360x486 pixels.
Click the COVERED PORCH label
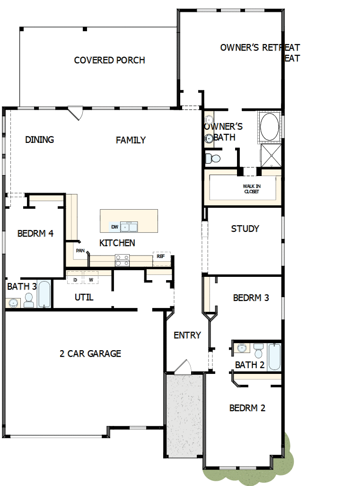point(109,60)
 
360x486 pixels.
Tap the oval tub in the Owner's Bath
point(269,126)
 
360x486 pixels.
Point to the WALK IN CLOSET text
point(252,189)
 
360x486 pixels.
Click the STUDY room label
point(245,229)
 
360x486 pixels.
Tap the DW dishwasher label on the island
point(114,227)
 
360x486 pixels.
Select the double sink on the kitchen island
point(129,227)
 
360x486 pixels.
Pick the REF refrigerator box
point(161,256)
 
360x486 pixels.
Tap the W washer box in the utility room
point(91,280)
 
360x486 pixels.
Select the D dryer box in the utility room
point(75,280)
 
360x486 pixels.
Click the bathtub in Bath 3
point(44,295)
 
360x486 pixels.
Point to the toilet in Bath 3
point(29,300)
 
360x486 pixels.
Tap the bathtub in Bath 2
point(274,357)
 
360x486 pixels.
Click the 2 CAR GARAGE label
point(90,353)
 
